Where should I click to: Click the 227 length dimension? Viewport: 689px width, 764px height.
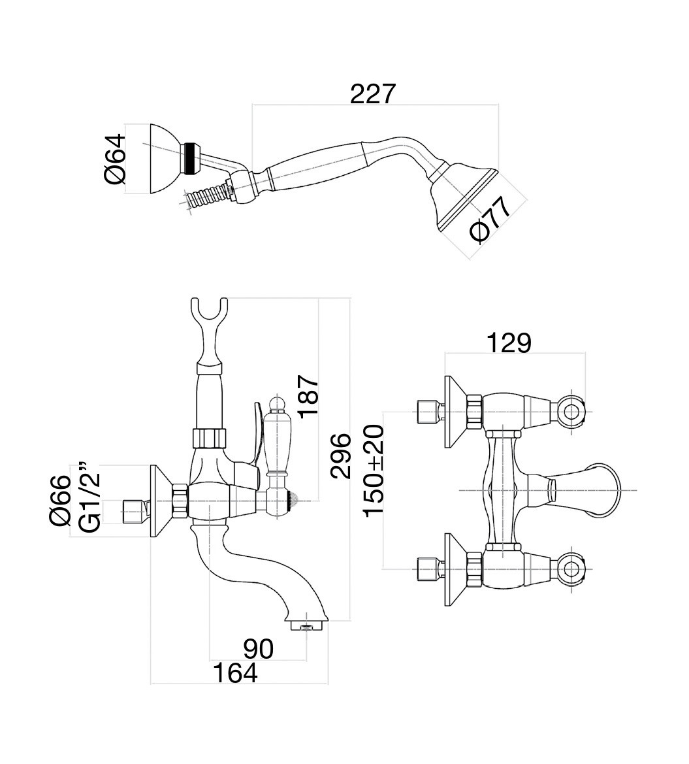click(x=373, y=93)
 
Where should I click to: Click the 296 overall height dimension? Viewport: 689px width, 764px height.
click(x=340, y=456)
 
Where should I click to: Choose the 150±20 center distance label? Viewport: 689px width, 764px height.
click(x=374, y=470)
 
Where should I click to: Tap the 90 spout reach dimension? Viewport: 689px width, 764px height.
click(x=258, y=649)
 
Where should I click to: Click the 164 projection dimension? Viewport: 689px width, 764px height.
click(x=235, y=673)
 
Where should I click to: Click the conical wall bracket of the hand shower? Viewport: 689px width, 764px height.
click(x=165, y=159)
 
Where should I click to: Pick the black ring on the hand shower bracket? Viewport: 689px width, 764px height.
click(x=191, y=159)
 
